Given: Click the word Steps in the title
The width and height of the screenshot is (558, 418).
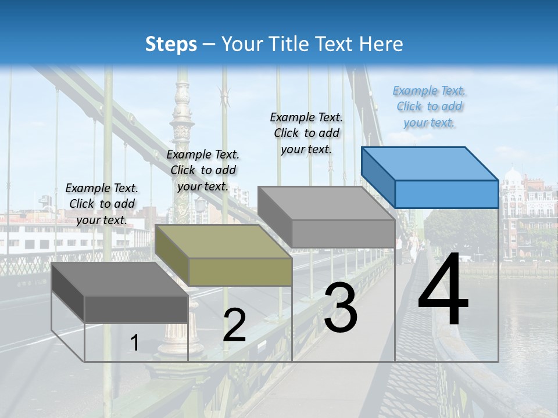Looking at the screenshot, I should click(171, 44).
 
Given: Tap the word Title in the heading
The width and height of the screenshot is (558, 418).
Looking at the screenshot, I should click(288, 44).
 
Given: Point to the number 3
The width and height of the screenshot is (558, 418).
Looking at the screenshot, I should click(341, 308).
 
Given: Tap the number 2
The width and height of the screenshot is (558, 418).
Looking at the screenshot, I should click(234, 326).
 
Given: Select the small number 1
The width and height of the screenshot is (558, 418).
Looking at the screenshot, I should click(135, 343).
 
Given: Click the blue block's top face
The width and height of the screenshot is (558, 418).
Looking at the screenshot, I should click(429, 163).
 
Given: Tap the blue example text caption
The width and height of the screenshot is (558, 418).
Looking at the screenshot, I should click(430, 106).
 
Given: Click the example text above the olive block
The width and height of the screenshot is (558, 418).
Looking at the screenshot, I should click(203, 170).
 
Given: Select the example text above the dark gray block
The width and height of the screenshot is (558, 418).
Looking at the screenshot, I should click(102, 204).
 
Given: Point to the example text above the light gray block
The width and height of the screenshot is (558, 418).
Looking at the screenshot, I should click(306, 133).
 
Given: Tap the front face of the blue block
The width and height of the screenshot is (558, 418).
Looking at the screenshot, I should click(446, 194).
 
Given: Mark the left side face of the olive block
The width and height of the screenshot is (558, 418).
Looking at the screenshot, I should click(172, 255).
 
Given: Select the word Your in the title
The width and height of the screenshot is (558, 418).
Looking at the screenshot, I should click(244, 44).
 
